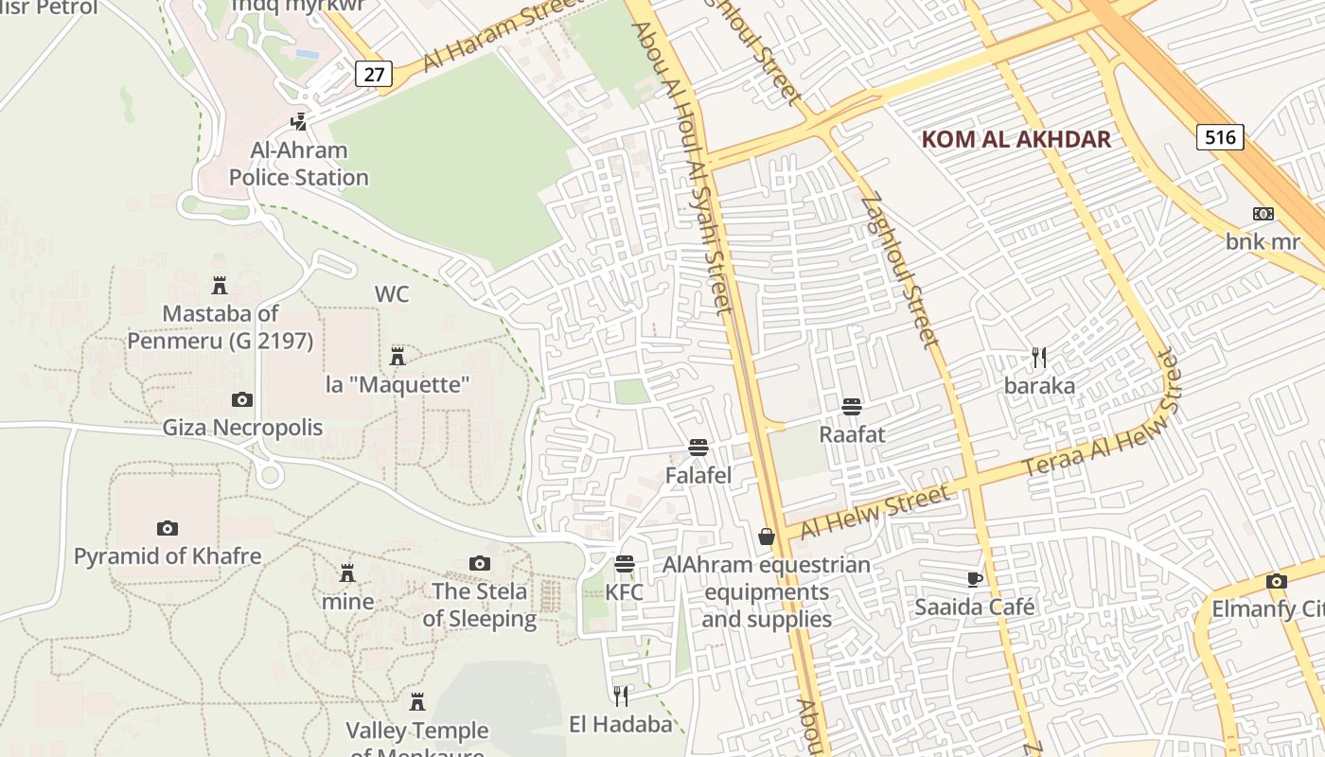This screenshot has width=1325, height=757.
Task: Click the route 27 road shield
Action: tap(374, 74)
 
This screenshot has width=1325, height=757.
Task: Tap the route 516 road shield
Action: tap(1220, 137)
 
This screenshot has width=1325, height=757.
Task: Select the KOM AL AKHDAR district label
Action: tap(1016, 140)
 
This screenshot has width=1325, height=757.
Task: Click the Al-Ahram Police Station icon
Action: tap(299, 121)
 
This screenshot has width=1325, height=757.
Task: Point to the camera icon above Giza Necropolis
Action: tap(242, 399)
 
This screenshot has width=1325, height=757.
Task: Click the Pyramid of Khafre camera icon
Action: tap(168, 528)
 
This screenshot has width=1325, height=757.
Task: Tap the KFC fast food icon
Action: tap(624, 564)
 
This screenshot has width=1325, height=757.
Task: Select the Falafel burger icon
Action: tap(698, 448)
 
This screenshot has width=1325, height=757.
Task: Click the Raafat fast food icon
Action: tap(852, 407)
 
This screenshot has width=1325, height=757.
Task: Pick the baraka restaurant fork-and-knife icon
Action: tap(1039, 358)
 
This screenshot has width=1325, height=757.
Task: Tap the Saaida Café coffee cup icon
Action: tap(975, 579)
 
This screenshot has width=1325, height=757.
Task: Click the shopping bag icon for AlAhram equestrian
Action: tap(767, 537)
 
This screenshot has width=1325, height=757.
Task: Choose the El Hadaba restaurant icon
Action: tap(621, 696)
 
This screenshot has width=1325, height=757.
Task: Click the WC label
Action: tap(392, 294)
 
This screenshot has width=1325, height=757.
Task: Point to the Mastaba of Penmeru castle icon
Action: tap(220, 285)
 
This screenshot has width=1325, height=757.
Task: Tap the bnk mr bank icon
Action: tap(1263, 214)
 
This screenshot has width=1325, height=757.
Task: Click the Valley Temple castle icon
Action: tap(416, 702)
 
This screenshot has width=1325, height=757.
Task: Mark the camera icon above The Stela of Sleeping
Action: tap(480, 564)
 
